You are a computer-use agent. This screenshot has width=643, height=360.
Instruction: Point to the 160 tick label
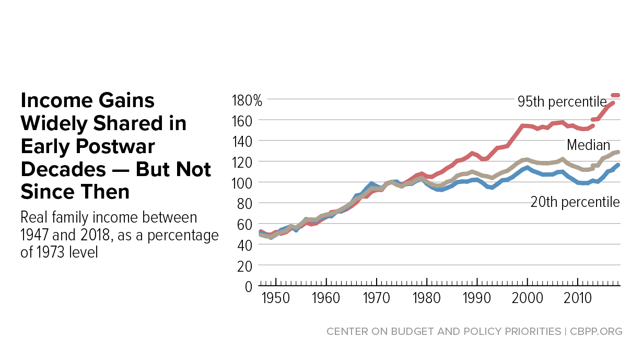coord(243,120)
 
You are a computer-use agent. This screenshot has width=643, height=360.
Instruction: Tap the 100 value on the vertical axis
coord(243,182)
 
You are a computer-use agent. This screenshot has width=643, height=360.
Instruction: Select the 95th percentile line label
coord(562,101)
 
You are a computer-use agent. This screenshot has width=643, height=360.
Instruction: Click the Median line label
coord(589,145)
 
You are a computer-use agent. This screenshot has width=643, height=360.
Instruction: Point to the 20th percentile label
coord(575,202)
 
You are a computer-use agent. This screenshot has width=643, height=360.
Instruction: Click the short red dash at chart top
coord(615,95)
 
